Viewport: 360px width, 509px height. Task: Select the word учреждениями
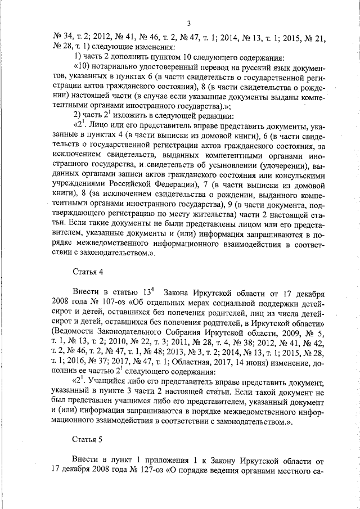(x=77, y=187)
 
